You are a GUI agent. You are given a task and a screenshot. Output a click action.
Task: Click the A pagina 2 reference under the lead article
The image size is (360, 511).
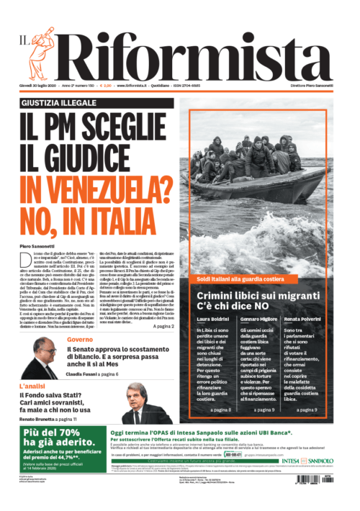(x=163, y=326)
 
